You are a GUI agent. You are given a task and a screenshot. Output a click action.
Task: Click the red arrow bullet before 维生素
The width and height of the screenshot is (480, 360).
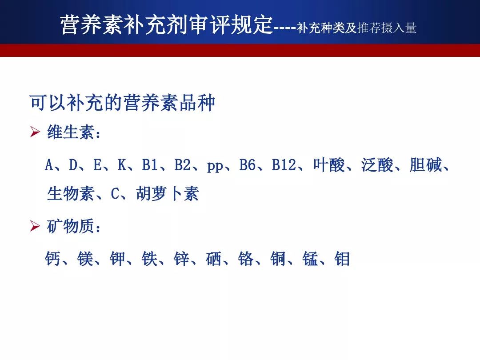(35, 132)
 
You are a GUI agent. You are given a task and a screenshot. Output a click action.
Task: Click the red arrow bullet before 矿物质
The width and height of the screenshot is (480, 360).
(35, 226)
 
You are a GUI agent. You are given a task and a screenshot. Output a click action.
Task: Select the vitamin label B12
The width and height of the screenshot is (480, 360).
(284, 165)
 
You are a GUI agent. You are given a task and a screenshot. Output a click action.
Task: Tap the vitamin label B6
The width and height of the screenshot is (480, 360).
(247, 165)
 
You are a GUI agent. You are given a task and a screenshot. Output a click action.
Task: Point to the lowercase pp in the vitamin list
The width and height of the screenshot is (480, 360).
(215, 167)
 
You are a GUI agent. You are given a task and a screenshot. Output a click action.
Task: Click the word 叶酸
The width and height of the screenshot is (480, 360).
(329, 165)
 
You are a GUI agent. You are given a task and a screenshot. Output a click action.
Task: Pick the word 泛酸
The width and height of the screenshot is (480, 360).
(377, 165)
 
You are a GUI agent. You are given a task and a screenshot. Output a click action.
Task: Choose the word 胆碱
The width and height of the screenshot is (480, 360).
(425, 165)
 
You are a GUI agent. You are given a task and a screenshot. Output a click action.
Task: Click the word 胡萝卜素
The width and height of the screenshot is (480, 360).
(168, 193)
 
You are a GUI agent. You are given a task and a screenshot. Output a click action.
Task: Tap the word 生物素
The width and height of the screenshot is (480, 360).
(70, 193)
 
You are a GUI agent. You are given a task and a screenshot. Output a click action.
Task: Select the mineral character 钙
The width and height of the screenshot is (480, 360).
(52, 259)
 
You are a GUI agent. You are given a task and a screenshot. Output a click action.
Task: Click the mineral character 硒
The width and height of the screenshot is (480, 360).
(214, 259)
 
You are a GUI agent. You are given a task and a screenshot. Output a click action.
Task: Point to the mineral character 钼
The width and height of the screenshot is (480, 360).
(342, 259)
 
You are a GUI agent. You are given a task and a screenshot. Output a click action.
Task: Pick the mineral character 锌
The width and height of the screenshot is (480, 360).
(181, 259)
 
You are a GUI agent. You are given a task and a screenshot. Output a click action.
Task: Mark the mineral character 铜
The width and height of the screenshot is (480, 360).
(278, 259)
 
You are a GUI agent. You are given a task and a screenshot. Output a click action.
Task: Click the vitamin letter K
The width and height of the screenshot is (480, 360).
(122, 165)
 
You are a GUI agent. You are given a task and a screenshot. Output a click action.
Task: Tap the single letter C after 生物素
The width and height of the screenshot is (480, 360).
(115, 194)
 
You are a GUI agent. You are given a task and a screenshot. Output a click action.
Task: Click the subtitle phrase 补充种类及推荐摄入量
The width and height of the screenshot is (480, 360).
(356, 28)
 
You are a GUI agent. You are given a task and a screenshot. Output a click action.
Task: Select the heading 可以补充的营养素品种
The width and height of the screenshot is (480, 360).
(123, 103)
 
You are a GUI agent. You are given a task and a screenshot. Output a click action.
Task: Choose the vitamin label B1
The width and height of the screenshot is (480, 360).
(150, 165)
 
